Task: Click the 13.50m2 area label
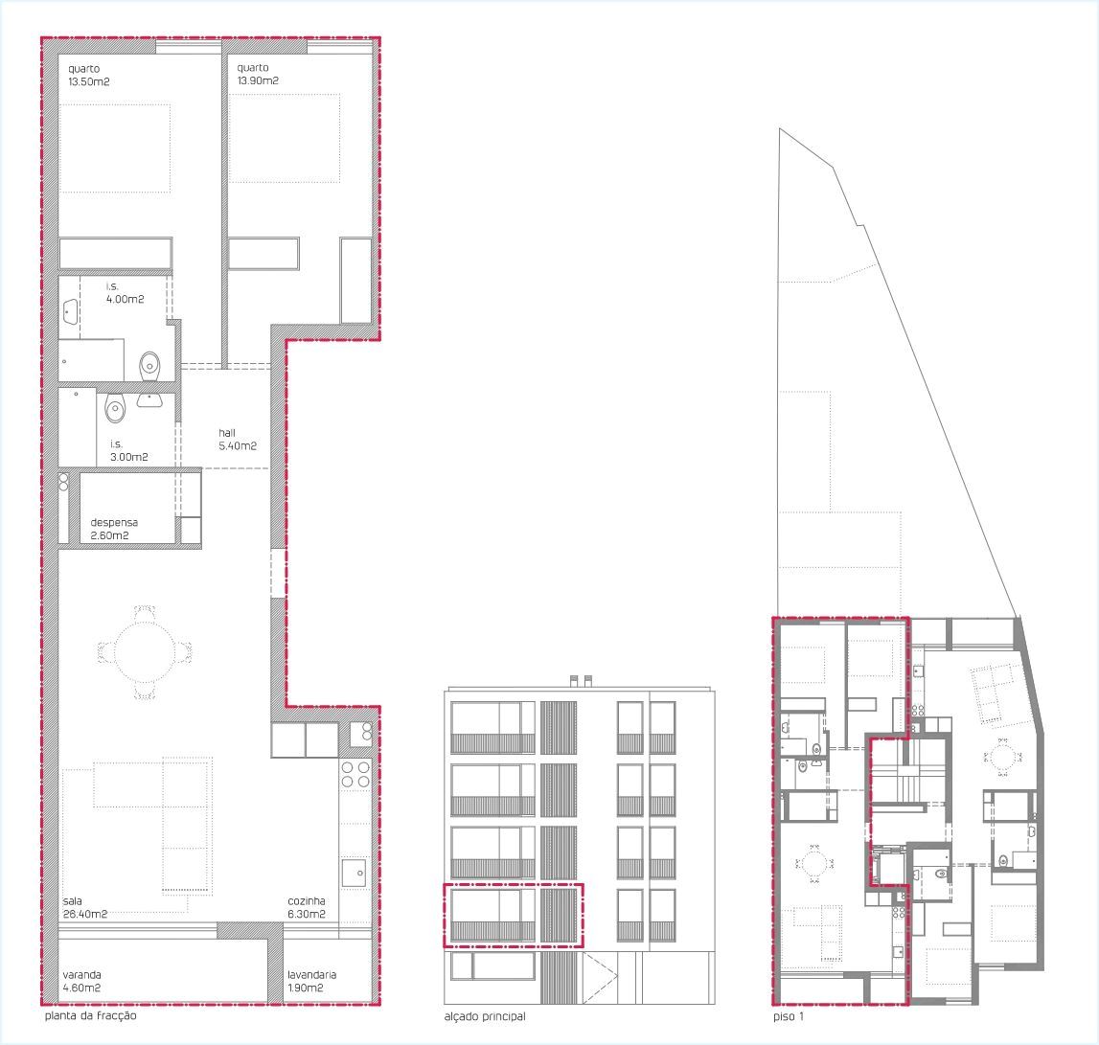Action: [89, 82]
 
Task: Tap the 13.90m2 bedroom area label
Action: [258, 80]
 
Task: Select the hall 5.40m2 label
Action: [238, 440]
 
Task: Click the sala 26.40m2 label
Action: [85, 908]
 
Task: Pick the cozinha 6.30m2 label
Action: [307, 908]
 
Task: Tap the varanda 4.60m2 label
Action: [82, 981]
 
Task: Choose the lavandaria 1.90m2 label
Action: [312, 981]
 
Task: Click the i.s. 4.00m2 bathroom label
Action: [125, 293]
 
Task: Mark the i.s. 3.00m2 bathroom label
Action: [129, 450]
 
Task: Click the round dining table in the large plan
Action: [145, 652]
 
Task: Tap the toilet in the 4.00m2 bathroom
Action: [150, 364]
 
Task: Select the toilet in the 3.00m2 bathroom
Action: [116, 406]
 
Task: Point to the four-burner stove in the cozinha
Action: [355, 775]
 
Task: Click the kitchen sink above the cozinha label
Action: [354, 873]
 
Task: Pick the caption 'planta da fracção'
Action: [90, 1015]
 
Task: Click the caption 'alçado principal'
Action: [485, 1016]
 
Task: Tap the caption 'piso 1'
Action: [789, 1016]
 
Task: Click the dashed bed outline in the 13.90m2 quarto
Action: [285, 138]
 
